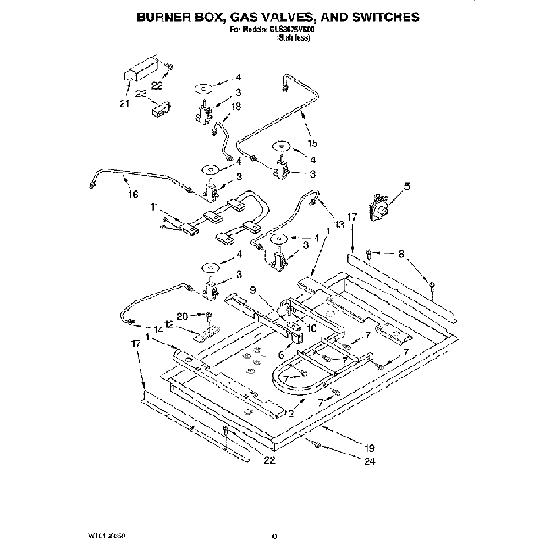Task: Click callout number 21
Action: tap(124, 104)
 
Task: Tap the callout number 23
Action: tap(140, 94)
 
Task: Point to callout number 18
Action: tap(237, 106)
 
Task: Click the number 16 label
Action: tap(132, 195)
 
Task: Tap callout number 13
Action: tap(340, 225)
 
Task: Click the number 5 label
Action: tap(406, 185)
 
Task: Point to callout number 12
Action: tap(169, 324)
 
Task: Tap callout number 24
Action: tap(369, 461)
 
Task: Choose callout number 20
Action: tap(180, 316)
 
